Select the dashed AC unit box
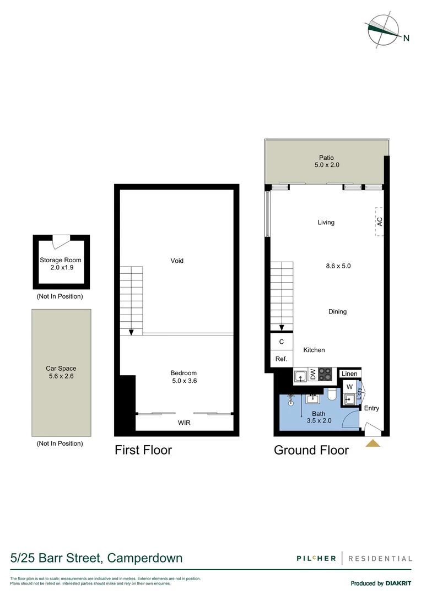(x=379, y=221)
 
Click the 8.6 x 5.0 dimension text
(x=338, y=266)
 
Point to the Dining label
(x=337, y=311)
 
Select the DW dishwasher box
(x=312, y=376)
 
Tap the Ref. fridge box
(x=281, y=359)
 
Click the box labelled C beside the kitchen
(x=281, y=342)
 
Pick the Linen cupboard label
(x=349, y=374)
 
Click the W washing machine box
(x=349, y=386)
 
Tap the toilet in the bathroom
(x=332, y=395)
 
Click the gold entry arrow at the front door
(x=373, y=443)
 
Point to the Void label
(x=177, y=261)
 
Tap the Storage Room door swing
(x=61, y=242)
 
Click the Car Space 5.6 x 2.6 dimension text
(x=61, y=377)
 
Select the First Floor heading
(x=143, y=450)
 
